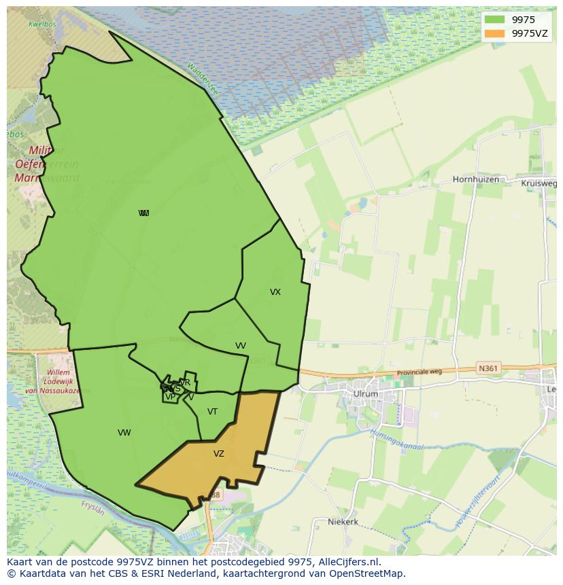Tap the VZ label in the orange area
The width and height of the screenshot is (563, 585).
click(219, 454)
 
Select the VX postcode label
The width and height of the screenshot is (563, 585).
click(275, 292)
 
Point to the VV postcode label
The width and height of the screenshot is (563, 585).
click(241, 346)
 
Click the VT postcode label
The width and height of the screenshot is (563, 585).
click(213, 412)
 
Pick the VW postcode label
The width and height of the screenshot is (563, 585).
click(124, 433)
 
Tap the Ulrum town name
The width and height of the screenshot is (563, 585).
click(365, 394)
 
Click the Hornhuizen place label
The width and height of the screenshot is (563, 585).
click(476, 180)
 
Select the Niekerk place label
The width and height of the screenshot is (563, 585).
click(343, 522)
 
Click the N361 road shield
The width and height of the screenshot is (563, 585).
click(488, 368)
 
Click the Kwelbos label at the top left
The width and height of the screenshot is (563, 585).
click(41, 24)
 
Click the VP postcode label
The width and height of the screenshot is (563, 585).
click(170, 397)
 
